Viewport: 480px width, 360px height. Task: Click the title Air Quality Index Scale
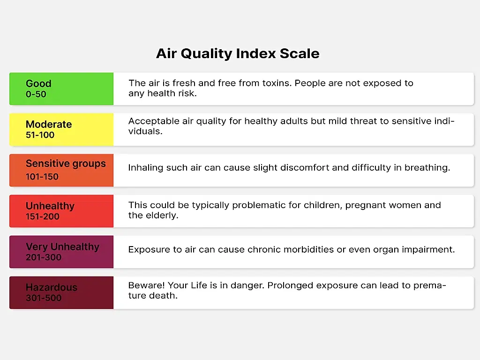[x=238, y=53]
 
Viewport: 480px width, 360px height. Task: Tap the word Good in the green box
[x=38, y=83]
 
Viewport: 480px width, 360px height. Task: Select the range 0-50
[x=36, y=94]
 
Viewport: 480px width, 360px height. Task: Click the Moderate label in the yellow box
[x=49, y=124]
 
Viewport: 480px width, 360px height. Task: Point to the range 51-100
[x=40, y=135]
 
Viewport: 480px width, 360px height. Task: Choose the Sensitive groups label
[x=66, y=164]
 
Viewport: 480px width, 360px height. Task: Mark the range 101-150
[x=42, y=177]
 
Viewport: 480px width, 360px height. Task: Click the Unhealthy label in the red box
[x=50, y=206]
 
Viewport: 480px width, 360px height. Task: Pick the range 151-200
[x=42, y=217]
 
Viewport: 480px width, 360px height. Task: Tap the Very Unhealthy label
[x=62, y=247]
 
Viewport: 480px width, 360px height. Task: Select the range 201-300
[x=44, y=257]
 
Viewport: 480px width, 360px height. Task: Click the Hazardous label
[x=52, y=287]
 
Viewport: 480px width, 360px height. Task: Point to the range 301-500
[x=44, y=298]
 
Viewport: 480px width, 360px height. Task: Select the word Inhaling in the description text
[x=145, y=168]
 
